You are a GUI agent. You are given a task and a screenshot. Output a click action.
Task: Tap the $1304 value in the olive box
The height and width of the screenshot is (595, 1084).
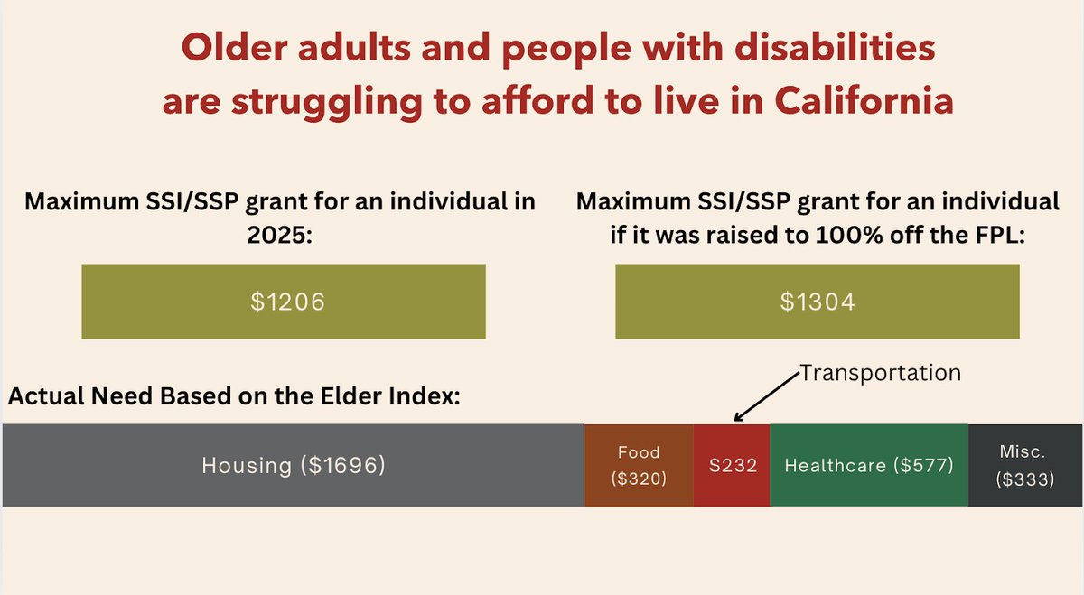(818, 302)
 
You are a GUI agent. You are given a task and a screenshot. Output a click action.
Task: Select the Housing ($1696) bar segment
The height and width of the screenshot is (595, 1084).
(294, 466)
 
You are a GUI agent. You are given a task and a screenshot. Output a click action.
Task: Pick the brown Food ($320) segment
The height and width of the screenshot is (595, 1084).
(639, 466)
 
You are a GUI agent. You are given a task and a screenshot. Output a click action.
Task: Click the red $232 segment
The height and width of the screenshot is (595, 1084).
(732, 466)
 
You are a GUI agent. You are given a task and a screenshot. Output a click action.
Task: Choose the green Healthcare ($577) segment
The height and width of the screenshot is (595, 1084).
(869, 466)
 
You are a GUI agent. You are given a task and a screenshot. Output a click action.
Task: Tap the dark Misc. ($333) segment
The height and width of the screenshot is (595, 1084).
(1025, 466)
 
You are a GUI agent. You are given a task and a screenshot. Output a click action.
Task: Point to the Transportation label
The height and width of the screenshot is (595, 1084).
(881, 373)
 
